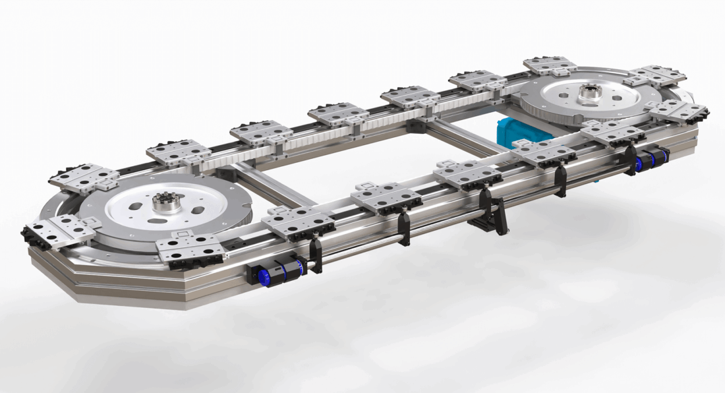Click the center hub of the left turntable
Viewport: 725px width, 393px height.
(167, 202)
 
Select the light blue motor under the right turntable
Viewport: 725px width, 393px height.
(520, 131)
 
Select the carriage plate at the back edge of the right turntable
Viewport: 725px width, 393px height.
(550, 65)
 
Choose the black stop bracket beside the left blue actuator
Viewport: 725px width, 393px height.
(316, 254)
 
